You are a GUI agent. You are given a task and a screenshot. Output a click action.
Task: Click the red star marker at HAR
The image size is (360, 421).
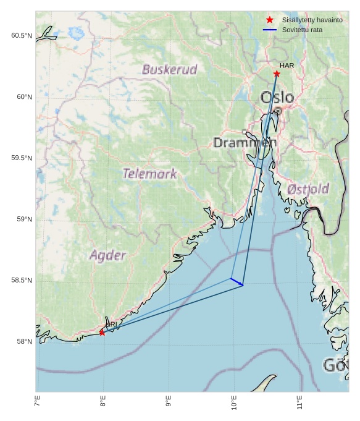[x=277, y=74]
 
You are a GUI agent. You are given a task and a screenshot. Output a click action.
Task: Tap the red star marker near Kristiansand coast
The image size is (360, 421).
[x=102, y=333]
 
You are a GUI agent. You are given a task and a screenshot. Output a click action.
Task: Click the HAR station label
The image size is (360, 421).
[x=287, y=66]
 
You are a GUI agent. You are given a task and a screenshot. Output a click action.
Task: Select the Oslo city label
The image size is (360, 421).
[x=277, y=98]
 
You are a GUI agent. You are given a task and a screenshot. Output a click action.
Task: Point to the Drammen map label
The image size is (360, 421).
[x=245, y=143]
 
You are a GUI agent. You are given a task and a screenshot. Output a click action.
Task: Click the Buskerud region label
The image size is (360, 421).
[x=169, y=69]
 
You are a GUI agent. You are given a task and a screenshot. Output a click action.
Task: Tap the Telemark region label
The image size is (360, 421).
[x=150, y=174]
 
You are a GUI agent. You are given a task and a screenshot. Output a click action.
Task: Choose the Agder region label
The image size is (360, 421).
[x=108, y=255]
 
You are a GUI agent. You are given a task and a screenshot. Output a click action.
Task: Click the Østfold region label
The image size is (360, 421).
[x=308, y=189]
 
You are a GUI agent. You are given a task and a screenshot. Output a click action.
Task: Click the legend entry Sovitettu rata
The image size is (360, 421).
[x=302, y=29]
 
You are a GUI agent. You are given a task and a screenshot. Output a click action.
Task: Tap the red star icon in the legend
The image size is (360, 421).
[x=269, y=20]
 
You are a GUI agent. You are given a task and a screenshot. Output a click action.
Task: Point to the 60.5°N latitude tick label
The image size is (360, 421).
[x=22, y=36]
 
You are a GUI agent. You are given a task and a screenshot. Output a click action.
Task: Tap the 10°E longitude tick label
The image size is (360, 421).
[x=234, y=406]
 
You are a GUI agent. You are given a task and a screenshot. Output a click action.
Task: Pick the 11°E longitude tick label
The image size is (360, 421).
[x=299, y=406]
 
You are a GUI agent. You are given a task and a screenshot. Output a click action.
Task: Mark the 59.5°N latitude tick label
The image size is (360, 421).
[x=22, y=158]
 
